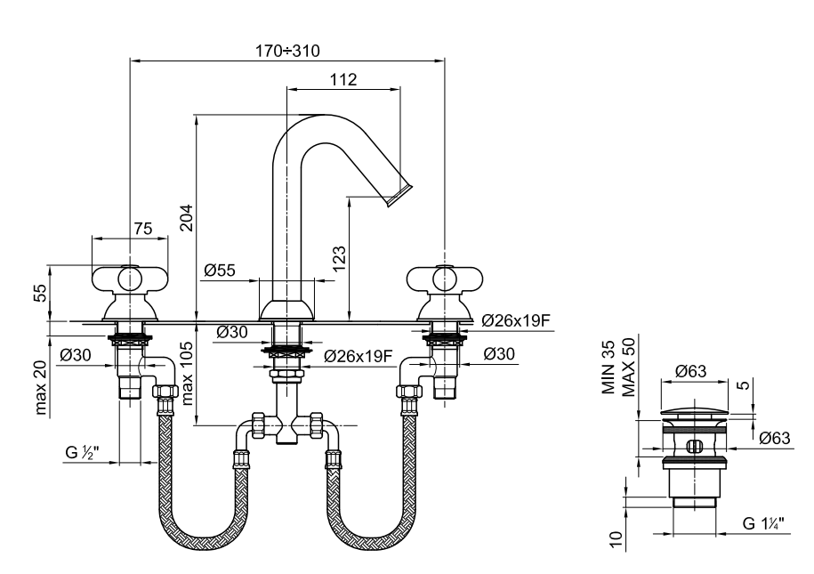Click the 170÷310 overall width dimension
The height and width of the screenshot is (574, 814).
click(287, 51)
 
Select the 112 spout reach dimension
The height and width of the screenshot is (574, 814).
click(343, 79)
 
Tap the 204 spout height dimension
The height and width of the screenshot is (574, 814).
click(186, 218)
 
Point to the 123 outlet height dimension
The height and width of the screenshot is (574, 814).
click(338, 258)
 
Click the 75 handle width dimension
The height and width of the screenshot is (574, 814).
click(142, 229)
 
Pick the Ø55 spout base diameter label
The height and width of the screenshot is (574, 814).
click(219, 271)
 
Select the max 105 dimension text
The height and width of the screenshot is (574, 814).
click(187, 373)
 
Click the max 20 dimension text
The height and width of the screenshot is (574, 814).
click(41, 387)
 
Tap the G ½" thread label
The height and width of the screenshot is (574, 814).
click(82, 452)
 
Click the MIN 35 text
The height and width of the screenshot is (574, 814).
click(608, 368)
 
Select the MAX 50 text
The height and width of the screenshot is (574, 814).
click(628, 367)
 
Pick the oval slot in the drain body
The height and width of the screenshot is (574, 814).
click(694, 446)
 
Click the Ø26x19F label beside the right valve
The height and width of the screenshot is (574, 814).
click(515, 320)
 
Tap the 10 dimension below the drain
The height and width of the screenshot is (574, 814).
click(616, 539)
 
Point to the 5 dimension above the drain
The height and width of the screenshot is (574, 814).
click(744, 385)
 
